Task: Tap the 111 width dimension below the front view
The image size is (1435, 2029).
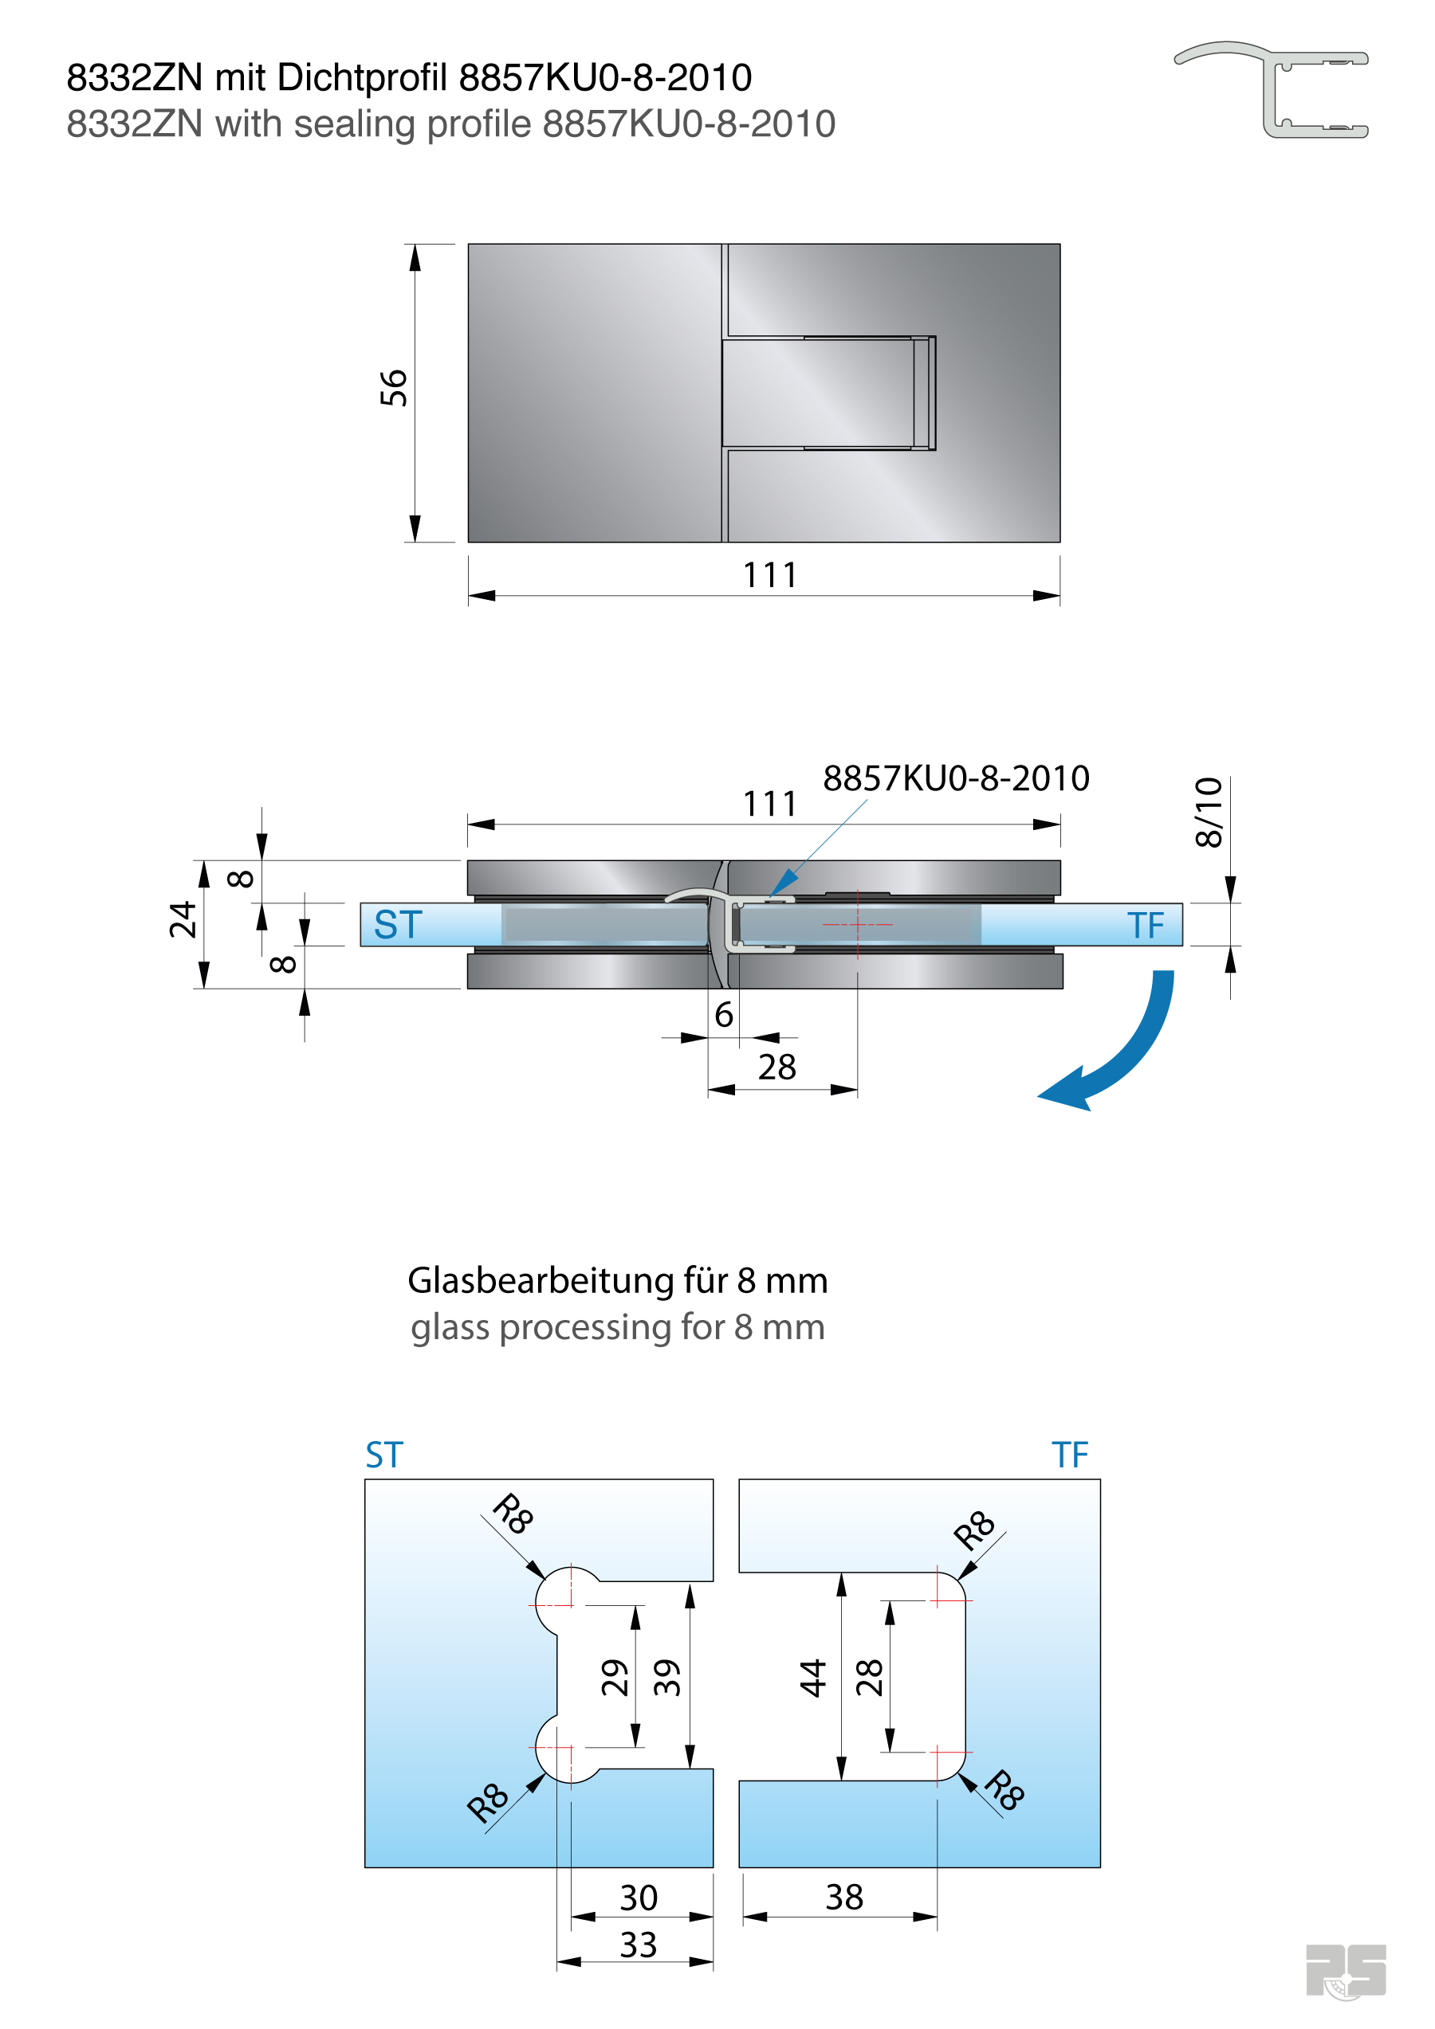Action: pyautogui.click(x=770, y=576)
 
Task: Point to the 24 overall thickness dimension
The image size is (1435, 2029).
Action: pyautogui.click(x=183, y=920)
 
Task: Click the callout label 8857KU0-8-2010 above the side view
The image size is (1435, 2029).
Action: pyautogui.click(x=956, y=778)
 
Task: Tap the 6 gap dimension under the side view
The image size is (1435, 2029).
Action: pyautogui.click(x=723, y=1015)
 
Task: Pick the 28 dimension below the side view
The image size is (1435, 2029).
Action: pyautogui.click(x=777, y=1067)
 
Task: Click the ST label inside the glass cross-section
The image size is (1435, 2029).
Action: pyautogui.click(x=398, y=925)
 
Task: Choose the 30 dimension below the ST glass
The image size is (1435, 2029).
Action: pyautogui.click(x=639, y=1898)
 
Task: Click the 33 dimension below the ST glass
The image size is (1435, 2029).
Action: pyautogui.click(x=639, y=1945)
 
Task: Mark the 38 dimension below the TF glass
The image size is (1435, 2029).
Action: pyautogui.click(x=844, y=1898)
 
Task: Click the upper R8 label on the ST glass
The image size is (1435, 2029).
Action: pyautogui.click(x=513, y=1514)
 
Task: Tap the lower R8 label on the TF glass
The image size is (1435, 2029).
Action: pyautogui.click(x=1005, y=1790)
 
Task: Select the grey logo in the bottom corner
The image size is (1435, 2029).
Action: pyautogui.click(x=1345, y=1970)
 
